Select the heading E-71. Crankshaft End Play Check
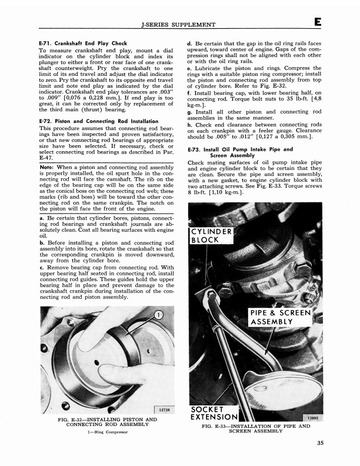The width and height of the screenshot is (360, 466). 83,44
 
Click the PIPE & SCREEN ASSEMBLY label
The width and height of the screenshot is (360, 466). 279,318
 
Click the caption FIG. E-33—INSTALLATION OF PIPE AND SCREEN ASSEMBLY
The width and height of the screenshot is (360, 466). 255,428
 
